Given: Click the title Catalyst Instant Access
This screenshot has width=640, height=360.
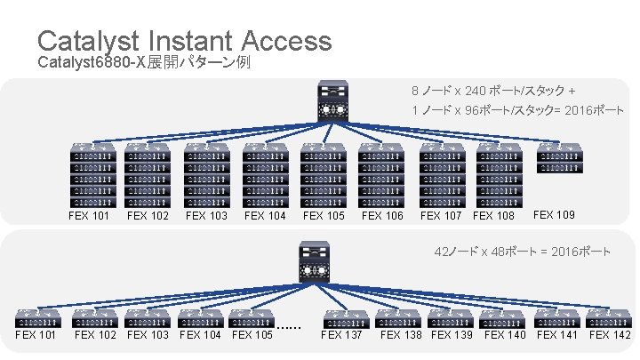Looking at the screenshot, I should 184,41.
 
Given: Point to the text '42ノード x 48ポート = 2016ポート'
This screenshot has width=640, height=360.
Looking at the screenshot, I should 522,252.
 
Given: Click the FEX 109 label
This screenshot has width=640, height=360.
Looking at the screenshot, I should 554,214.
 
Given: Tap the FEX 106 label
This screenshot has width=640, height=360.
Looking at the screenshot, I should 382,215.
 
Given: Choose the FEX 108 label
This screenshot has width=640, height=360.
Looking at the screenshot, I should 494,215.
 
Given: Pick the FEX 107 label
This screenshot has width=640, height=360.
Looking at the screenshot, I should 442,215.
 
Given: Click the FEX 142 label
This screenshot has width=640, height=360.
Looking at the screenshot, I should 611,335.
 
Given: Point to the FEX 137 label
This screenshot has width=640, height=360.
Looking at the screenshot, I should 342,335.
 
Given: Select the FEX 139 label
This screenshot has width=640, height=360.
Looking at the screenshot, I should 452,335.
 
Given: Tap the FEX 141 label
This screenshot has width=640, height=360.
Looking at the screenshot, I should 558,335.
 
